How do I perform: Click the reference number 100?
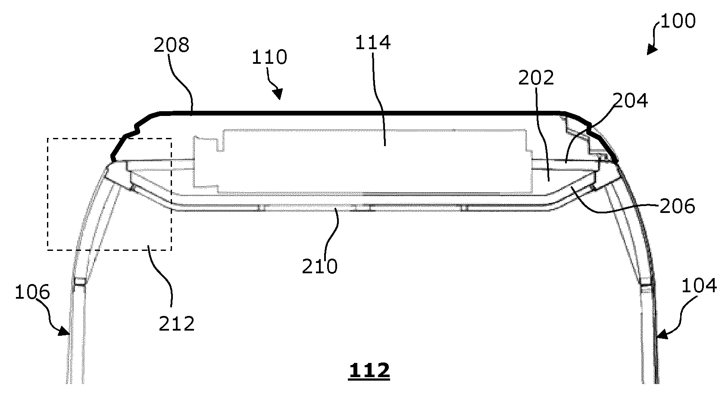coord(678,21)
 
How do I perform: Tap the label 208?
coord(171,45)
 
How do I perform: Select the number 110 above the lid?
coord(270,57)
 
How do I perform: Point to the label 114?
coord(373,43)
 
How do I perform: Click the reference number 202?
coord(536,78)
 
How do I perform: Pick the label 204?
coord(630,100)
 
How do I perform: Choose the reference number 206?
coord(677,206)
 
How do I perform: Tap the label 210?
coord(319,267)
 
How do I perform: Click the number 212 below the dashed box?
coord(177,323)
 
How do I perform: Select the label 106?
coord(32,293)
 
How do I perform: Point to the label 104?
coord(700,285)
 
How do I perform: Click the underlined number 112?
coord(369,371)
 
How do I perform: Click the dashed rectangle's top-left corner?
coord(47,138)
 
